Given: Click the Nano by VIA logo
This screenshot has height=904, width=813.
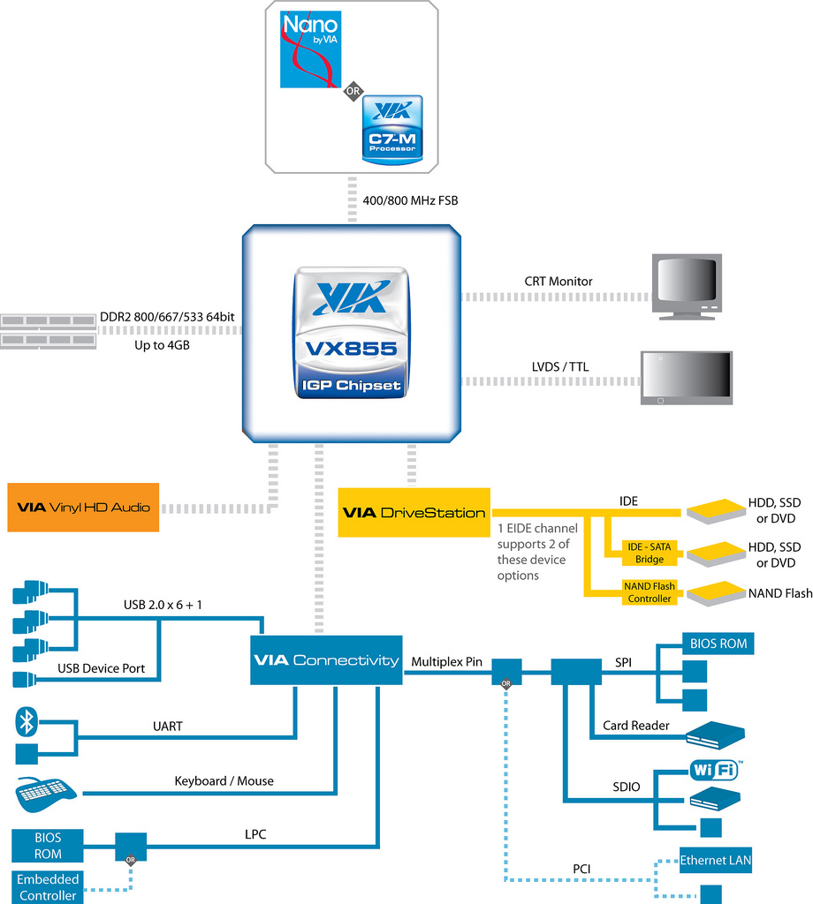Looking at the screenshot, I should pos(310,49).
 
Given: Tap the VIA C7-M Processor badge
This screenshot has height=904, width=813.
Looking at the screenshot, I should pos(392,129).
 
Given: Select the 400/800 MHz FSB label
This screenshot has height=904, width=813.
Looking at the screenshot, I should pos(410,200).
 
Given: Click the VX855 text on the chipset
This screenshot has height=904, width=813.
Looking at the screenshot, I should pos(351,349).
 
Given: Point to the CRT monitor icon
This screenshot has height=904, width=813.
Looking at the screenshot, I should pos(687,286).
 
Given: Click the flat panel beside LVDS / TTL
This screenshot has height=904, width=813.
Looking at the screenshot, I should pos(687,378).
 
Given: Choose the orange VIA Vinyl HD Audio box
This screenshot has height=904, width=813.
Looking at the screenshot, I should pos(83,508).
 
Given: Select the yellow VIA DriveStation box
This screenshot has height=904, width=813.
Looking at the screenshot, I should pos(414,512).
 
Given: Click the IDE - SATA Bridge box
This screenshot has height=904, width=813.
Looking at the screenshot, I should pos(650,553).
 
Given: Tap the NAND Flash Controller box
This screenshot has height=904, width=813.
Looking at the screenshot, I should pos(650,592).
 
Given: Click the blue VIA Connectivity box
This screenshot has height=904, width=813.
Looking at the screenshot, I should pos(326,660).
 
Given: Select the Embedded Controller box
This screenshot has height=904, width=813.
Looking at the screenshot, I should pos(48,886).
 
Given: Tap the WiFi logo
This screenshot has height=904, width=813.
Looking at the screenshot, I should pos(714,771).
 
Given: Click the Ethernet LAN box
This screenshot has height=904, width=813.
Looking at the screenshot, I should pos(716,860).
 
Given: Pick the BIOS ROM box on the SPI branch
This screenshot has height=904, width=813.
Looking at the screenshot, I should pos(718,644).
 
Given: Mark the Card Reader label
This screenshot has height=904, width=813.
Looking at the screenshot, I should pos(636,726).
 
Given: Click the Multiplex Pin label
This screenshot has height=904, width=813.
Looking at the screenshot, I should pos(447,661).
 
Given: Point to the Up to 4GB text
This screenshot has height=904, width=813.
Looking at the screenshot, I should pos(162,345).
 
